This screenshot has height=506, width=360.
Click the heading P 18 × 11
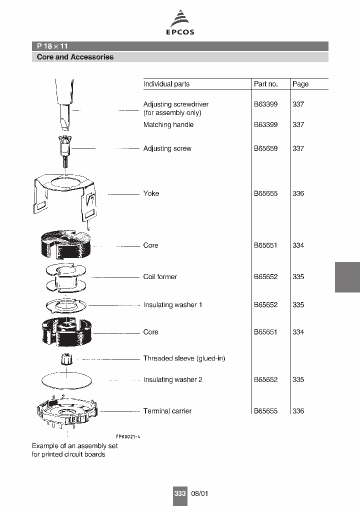tap(52, 46)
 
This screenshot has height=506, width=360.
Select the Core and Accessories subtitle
tap(75, 57)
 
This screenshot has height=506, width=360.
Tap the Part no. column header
tap(265, 84)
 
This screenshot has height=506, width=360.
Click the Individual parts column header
tap(166, 84)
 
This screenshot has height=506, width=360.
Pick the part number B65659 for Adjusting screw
tap(265, 148)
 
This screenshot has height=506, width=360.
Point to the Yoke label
tap(151, 193)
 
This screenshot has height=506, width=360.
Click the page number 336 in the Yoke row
tap(298, 193)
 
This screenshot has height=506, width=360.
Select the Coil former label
tap(160, 276)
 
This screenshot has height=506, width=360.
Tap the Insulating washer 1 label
tap(172, 304)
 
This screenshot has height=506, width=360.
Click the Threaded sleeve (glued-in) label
tap(184, 358)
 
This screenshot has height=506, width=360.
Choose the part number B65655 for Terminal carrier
tap(265, 411)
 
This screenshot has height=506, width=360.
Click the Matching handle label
tap(168, 124)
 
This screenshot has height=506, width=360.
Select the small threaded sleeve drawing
tap(66, 359)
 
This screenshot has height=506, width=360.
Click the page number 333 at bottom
tap(180, 493)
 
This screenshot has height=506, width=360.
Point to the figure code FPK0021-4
tap(128, 436)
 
